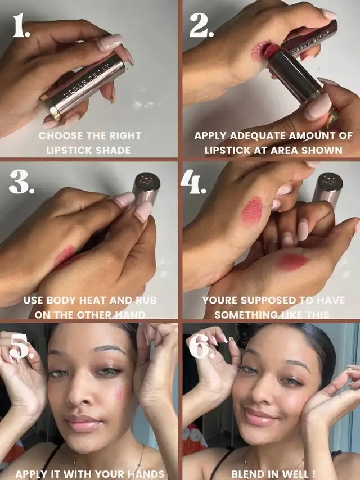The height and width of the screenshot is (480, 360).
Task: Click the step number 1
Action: click(x=21, y=25)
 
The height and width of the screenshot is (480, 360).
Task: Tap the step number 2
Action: click(x=201, y=25)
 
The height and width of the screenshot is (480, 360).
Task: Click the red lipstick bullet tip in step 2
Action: click(x=271, y=51)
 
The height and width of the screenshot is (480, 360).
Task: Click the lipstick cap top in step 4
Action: click(x=330, y=181)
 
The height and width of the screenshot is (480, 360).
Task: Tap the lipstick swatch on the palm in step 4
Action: click(x=292, y=262)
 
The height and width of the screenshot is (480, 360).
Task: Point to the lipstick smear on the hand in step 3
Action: click(x=64, y=256)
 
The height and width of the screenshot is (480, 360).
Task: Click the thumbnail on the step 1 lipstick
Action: click(x=109, y=42)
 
